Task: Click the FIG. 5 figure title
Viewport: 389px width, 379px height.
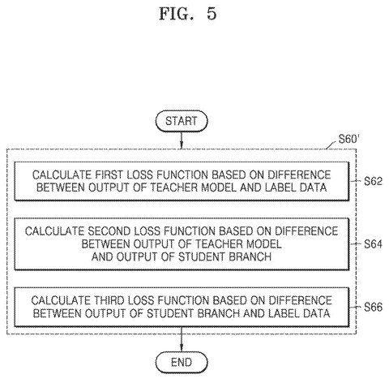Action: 188,14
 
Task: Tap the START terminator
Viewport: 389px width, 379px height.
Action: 182,121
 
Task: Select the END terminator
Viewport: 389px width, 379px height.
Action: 182,362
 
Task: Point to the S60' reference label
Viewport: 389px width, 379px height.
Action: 348,139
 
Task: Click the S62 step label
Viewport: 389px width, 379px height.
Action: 373,181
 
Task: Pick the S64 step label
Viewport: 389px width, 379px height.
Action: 373,244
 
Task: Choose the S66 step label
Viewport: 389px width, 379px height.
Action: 373,307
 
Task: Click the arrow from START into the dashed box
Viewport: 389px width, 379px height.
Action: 182,140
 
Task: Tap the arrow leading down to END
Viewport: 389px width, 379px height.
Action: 182,339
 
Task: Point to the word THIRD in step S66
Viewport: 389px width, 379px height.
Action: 109,300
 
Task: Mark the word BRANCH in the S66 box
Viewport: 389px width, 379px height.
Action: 218,313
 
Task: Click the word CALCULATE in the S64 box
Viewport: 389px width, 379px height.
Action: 55,231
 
